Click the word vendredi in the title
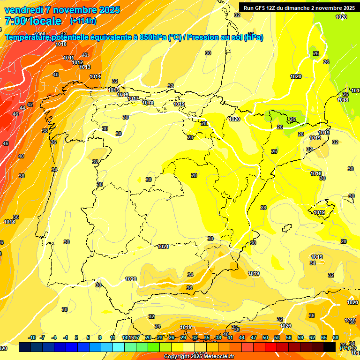pos(22,10)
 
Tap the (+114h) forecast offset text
pos(83,21)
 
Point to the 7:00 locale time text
pos(32,21)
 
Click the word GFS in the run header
pos(261,8)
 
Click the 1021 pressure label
pos(163,247)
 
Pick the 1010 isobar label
pos(61,45)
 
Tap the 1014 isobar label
pos(95,76)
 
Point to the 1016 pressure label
pos(123,95)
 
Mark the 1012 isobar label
pos(78,62)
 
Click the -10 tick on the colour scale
pos(32,337)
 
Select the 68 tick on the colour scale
pos(336,337)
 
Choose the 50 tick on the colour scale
pos(265,337)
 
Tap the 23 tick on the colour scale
pos(159,337)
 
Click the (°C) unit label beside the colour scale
pos(344,348)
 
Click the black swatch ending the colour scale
pos(330,347)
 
